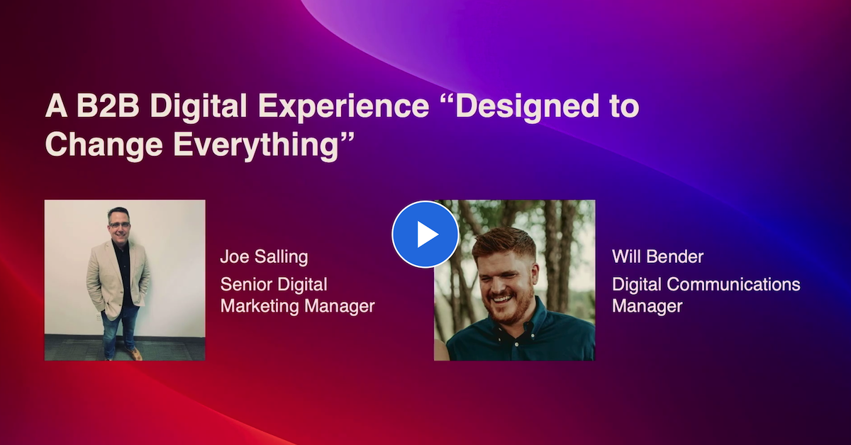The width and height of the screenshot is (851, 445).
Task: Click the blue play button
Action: (425, 235)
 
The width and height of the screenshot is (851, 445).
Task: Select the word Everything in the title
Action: (256, 147)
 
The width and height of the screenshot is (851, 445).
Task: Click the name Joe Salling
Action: (264, 257)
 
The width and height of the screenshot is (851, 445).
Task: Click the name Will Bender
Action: (657, 257)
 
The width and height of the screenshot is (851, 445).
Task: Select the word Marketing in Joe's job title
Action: (260, 306)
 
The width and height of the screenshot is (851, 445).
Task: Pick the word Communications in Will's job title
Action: (733, 284)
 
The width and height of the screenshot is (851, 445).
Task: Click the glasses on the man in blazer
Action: (119, 225)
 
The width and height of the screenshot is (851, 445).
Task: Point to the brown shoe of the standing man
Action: (135, 354)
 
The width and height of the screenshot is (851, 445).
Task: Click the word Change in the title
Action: (104, 147)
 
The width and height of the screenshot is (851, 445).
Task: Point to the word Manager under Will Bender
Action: (647, 306)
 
